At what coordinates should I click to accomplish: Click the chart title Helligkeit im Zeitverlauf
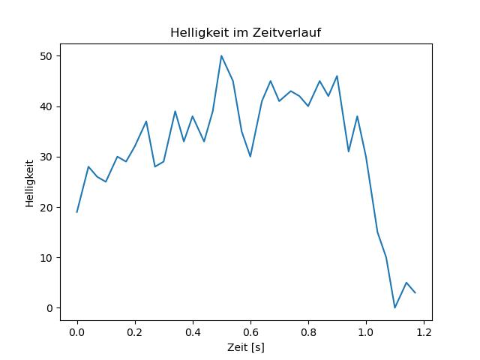[245, 32]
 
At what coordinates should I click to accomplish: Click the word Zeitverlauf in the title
[286, 32]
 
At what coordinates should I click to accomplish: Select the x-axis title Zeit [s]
[246, 347]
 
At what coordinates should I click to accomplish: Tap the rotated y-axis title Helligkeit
[30, 183]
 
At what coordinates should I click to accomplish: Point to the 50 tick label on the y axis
[46, 56]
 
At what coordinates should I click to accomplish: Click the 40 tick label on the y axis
[46, 106]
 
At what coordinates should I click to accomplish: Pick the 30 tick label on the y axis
[46, 157]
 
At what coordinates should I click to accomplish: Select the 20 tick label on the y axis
[46, 208]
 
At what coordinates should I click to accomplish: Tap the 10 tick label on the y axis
[46, 258]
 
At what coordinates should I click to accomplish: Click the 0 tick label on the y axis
[49, 308]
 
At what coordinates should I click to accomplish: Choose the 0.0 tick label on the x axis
[77, 332]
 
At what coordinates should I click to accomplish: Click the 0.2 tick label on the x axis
[135, 332]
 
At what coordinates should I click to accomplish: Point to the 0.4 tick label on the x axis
[193, 332]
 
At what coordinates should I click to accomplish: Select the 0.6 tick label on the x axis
[250, 332]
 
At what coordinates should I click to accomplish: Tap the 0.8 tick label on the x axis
[308, 332]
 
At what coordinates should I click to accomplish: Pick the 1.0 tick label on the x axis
[366, 332]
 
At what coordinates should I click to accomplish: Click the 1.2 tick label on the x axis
[424, 332]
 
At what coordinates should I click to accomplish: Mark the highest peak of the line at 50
[221, 55]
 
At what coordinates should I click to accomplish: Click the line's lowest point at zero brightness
[395, 307]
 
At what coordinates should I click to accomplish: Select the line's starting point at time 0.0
[76, 212]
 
